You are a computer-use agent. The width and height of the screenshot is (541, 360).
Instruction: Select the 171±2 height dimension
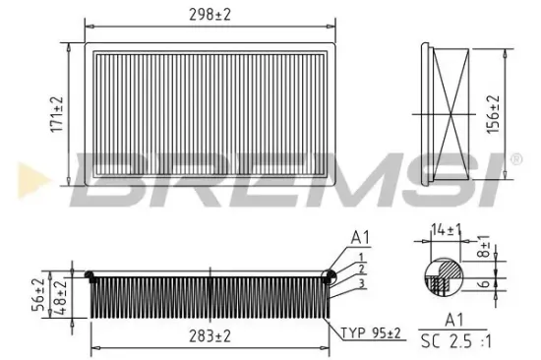click(x=58, y=114)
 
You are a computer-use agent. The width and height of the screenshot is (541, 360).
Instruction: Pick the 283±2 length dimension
click(x=210, y=336)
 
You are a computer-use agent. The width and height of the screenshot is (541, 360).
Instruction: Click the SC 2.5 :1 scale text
click(x=453, y=343)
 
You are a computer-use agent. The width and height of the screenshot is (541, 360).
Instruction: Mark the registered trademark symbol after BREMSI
click(x=513, y=157)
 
